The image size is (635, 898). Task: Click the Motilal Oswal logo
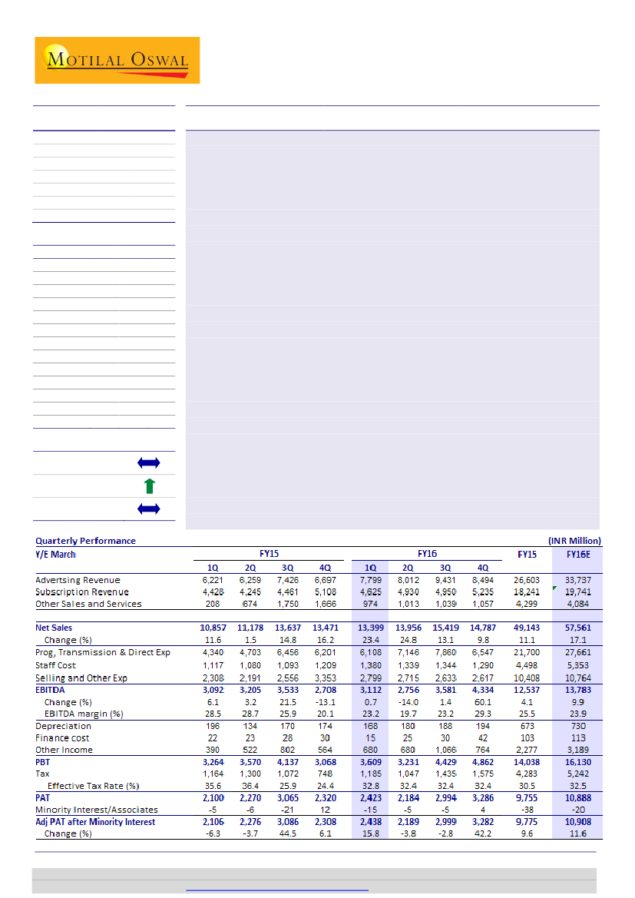[x=117, y=60]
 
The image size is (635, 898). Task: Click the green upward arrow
[x=150, y=485]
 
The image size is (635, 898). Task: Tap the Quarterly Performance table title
[x=85, y=541]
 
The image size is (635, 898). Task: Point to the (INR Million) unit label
[x=574, y=541]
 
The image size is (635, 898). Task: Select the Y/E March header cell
[x=56, y=554]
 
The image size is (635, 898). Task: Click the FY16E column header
[x=578, y=554]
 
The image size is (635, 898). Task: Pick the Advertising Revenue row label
[x=78, y=580]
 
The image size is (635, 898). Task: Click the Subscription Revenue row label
[x=81, y=592]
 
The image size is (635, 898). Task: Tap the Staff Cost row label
[x=55, y=665]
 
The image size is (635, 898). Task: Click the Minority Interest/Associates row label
[x=97, y=810]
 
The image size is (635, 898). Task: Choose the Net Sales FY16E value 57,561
[x=577, y=628]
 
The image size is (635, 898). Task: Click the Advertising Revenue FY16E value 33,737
[x=577, y=580]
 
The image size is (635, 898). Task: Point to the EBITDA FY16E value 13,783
[x=577, y=690]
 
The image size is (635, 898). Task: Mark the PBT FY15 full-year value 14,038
[x=528, y=762]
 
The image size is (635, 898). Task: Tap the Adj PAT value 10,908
[x=577, y=822]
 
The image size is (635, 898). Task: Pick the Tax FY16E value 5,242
[x=577, y=774]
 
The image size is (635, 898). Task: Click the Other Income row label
[x=64, y=750]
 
